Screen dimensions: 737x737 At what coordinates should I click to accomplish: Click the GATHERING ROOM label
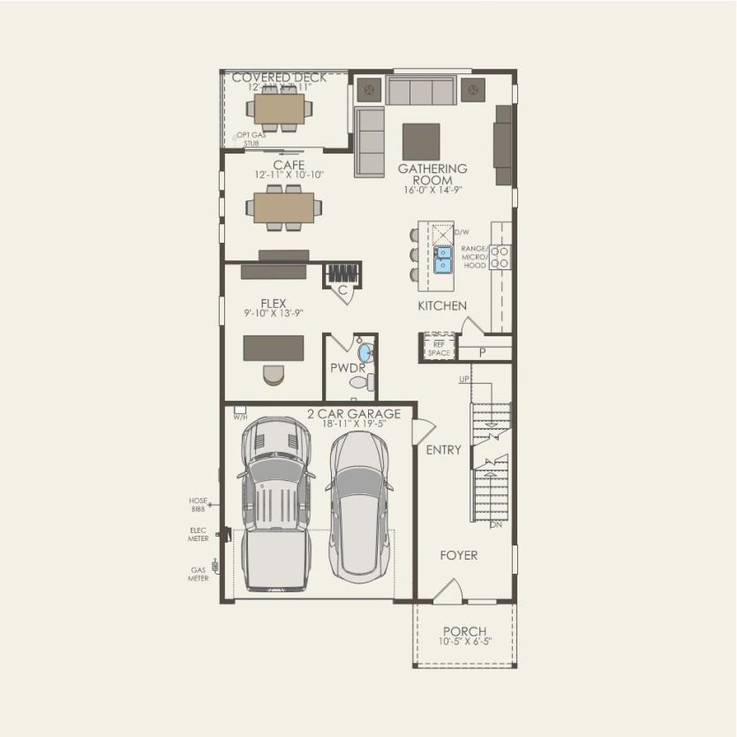(432, 174)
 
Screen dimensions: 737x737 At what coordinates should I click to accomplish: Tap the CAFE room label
(289, 165)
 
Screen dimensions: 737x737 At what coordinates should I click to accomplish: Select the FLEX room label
(273, 304)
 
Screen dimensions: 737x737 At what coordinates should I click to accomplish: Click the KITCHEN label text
(442, 305)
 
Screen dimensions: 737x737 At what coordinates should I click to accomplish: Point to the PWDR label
(342, 366)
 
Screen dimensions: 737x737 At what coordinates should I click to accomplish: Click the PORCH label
(464, 631)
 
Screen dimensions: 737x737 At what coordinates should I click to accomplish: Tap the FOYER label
(459, 555)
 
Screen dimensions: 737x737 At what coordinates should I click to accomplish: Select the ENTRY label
(443, 450)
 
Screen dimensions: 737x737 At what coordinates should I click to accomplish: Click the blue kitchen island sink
(442, 258)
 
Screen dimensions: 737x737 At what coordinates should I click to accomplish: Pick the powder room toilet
(363, 383)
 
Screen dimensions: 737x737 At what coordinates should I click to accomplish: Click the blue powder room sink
(366, 354)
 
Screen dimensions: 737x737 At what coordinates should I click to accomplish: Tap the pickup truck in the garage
(275, 503)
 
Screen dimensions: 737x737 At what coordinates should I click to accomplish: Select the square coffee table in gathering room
(421, 141)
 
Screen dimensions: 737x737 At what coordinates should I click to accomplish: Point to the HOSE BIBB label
(198, 505)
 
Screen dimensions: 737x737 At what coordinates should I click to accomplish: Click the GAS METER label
(199, 575)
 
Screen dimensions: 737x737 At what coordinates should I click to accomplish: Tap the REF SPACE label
(438, 349)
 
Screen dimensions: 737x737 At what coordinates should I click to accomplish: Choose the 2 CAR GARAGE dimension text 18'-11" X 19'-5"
(353, 425)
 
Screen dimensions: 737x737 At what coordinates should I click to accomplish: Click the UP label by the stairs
(463, 380)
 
